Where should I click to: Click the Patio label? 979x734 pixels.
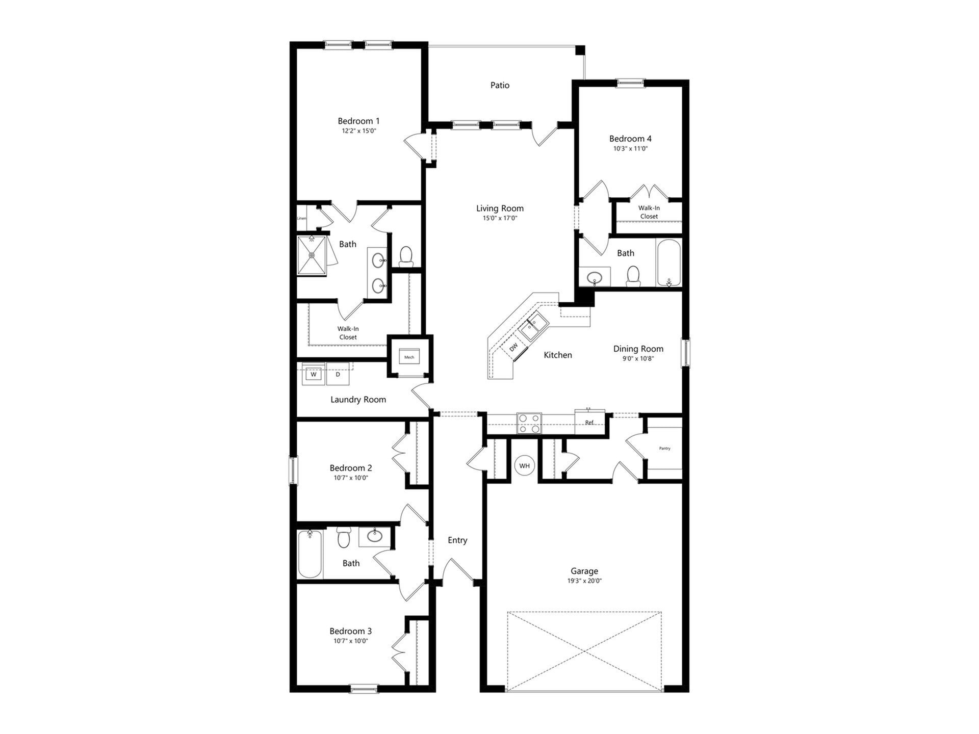pos(500,85)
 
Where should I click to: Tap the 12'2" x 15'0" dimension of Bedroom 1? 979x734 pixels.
pos(359,131)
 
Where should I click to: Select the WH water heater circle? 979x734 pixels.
pos(524,466)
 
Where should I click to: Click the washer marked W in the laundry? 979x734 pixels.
pos(314,375)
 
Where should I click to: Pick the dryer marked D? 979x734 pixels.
pos(338,375)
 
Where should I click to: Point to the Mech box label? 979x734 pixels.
pos(409,357)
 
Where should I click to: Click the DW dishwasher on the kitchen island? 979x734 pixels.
pos(513,347)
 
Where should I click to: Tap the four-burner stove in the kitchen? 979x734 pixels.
pos(529,423)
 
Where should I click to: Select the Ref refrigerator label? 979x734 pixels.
pos(589,423)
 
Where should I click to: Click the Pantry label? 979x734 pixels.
pos(664,449)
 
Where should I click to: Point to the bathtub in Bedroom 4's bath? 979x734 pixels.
pos(668,263)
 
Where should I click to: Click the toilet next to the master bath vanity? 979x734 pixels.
pos(406,256)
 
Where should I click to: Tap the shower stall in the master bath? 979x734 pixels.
pos(312,255)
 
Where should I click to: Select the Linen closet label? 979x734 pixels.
pos(302,218)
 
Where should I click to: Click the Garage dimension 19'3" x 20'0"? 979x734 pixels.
pos(584,581)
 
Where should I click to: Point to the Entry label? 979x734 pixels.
pos(457,540)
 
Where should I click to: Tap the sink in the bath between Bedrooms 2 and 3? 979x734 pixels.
pos(375,536)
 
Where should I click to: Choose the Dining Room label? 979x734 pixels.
pos(638,349)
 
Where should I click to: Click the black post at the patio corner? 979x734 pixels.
pos(580,50)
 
